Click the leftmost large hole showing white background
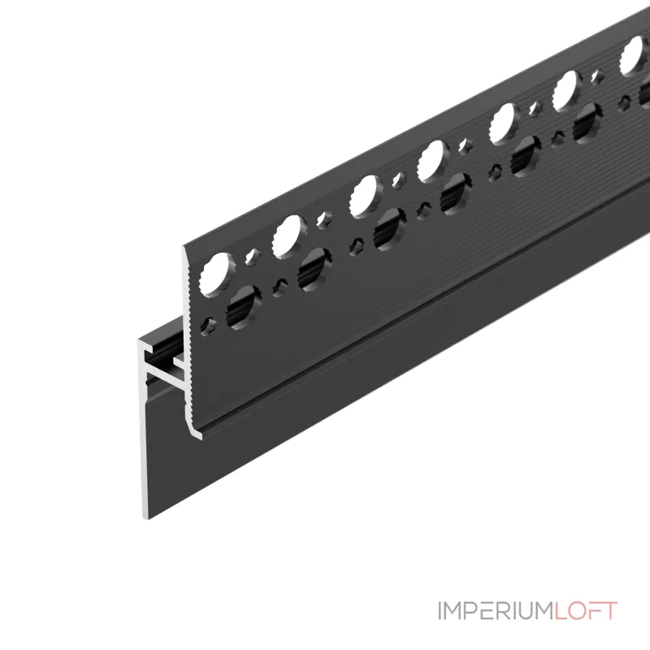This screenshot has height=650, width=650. [217, 274]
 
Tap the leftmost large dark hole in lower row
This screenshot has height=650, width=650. [244, 308]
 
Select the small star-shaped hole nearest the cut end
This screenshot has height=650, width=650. [208, 326]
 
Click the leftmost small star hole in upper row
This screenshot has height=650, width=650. [253, 256]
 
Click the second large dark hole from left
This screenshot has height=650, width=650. [314, 270]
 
